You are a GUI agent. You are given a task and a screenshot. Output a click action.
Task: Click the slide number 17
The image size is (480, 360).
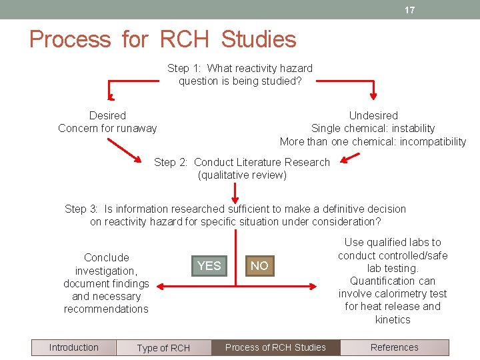point(409,10)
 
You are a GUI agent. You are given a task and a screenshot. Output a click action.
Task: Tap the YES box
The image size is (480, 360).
point(209,266)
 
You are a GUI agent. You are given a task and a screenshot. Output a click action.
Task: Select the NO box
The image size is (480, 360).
point(259,266)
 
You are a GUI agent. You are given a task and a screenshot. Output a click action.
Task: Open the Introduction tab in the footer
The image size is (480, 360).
point(73,347)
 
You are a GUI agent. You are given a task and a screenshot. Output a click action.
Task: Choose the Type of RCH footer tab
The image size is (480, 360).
point(163,348)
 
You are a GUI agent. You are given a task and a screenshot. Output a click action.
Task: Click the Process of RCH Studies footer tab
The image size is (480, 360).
point(275,347)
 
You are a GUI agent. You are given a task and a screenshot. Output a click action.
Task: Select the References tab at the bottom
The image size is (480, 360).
point(394,347)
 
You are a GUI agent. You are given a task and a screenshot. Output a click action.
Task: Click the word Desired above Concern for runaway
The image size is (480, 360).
point(107,115)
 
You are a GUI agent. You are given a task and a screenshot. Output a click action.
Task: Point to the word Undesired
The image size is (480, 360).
point(373,115)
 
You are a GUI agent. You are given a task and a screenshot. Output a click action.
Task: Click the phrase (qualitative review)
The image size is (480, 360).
point(242,175)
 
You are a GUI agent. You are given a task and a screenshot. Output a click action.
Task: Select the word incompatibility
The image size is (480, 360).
point(433,141)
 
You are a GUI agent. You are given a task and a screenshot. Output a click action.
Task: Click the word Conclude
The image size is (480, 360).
point(107,257)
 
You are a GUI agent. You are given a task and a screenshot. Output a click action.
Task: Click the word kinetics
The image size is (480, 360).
point(393,319)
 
